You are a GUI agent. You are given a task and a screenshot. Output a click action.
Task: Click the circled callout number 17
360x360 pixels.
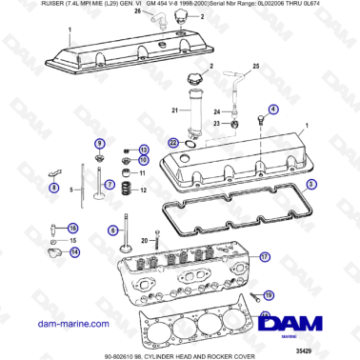[266, 256]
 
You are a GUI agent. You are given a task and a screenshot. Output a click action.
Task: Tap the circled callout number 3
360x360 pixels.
[310, 182]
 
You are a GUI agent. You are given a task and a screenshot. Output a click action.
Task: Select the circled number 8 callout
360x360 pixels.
[53, 188]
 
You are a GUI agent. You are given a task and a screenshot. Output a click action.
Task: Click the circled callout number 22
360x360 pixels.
[172, 143]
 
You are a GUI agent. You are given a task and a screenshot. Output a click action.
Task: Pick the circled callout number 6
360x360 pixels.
[110, 183]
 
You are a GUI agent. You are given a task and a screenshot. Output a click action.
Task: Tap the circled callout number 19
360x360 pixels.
[268, 296]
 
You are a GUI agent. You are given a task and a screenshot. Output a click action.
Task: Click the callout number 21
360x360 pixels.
[174, 110]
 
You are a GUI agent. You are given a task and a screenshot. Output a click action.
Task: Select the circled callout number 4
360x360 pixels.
[274, 110]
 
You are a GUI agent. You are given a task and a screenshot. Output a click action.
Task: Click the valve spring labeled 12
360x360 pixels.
[123, 190]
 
